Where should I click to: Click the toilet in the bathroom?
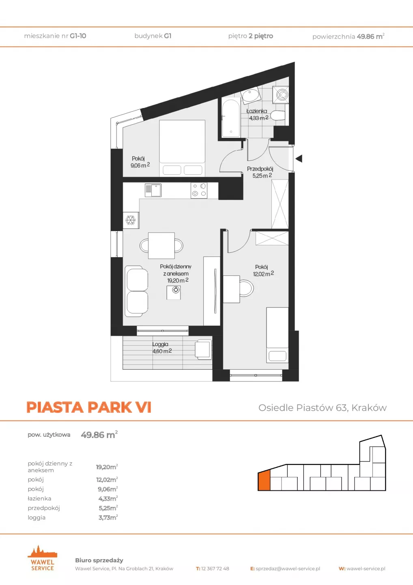pos(277,116)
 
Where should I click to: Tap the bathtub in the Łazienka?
pos(231,117)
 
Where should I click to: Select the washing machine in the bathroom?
pos(281,95)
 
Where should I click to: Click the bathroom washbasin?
pos(251,95)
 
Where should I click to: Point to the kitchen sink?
pos(153,190)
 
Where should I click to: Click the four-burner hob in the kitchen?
pos(199,190)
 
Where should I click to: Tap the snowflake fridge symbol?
pos(131,220)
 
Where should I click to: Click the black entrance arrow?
pos(299,158)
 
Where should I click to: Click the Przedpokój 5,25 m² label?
pos(260,172)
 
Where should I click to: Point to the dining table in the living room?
pos(161,245)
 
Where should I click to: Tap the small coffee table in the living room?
pos(174,292)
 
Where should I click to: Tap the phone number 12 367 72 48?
pos(215,569)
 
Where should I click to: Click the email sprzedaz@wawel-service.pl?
pos(288,569)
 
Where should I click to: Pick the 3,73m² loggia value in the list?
pos(108,518)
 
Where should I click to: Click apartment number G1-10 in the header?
pos(78,36)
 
